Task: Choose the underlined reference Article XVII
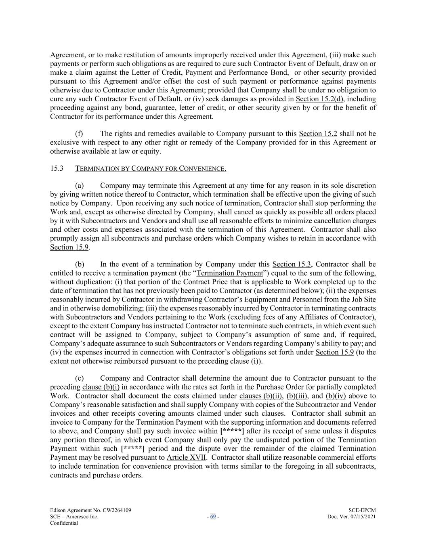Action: click(186, 457)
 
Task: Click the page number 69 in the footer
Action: click(213, 517)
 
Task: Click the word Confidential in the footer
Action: click(64, 523)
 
